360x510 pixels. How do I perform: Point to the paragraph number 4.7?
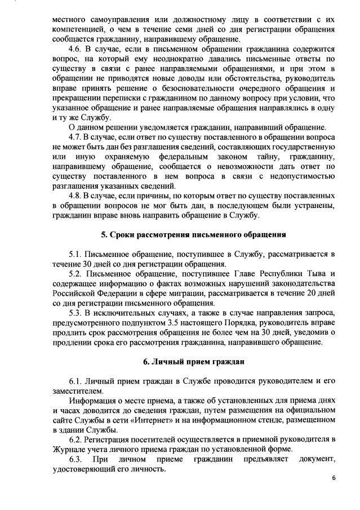pyautogui.click(x=76, y=138)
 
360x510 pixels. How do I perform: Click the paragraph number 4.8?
pyautogui.click(x=76, y=196)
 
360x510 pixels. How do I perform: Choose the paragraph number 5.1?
pyautogui.click(x=76, y=254)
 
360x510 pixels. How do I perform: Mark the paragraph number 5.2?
pyautogui.click(x=76, y=274)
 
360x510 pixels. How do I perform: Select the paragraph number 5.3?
pyautogui.click(x=76, y=313)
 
